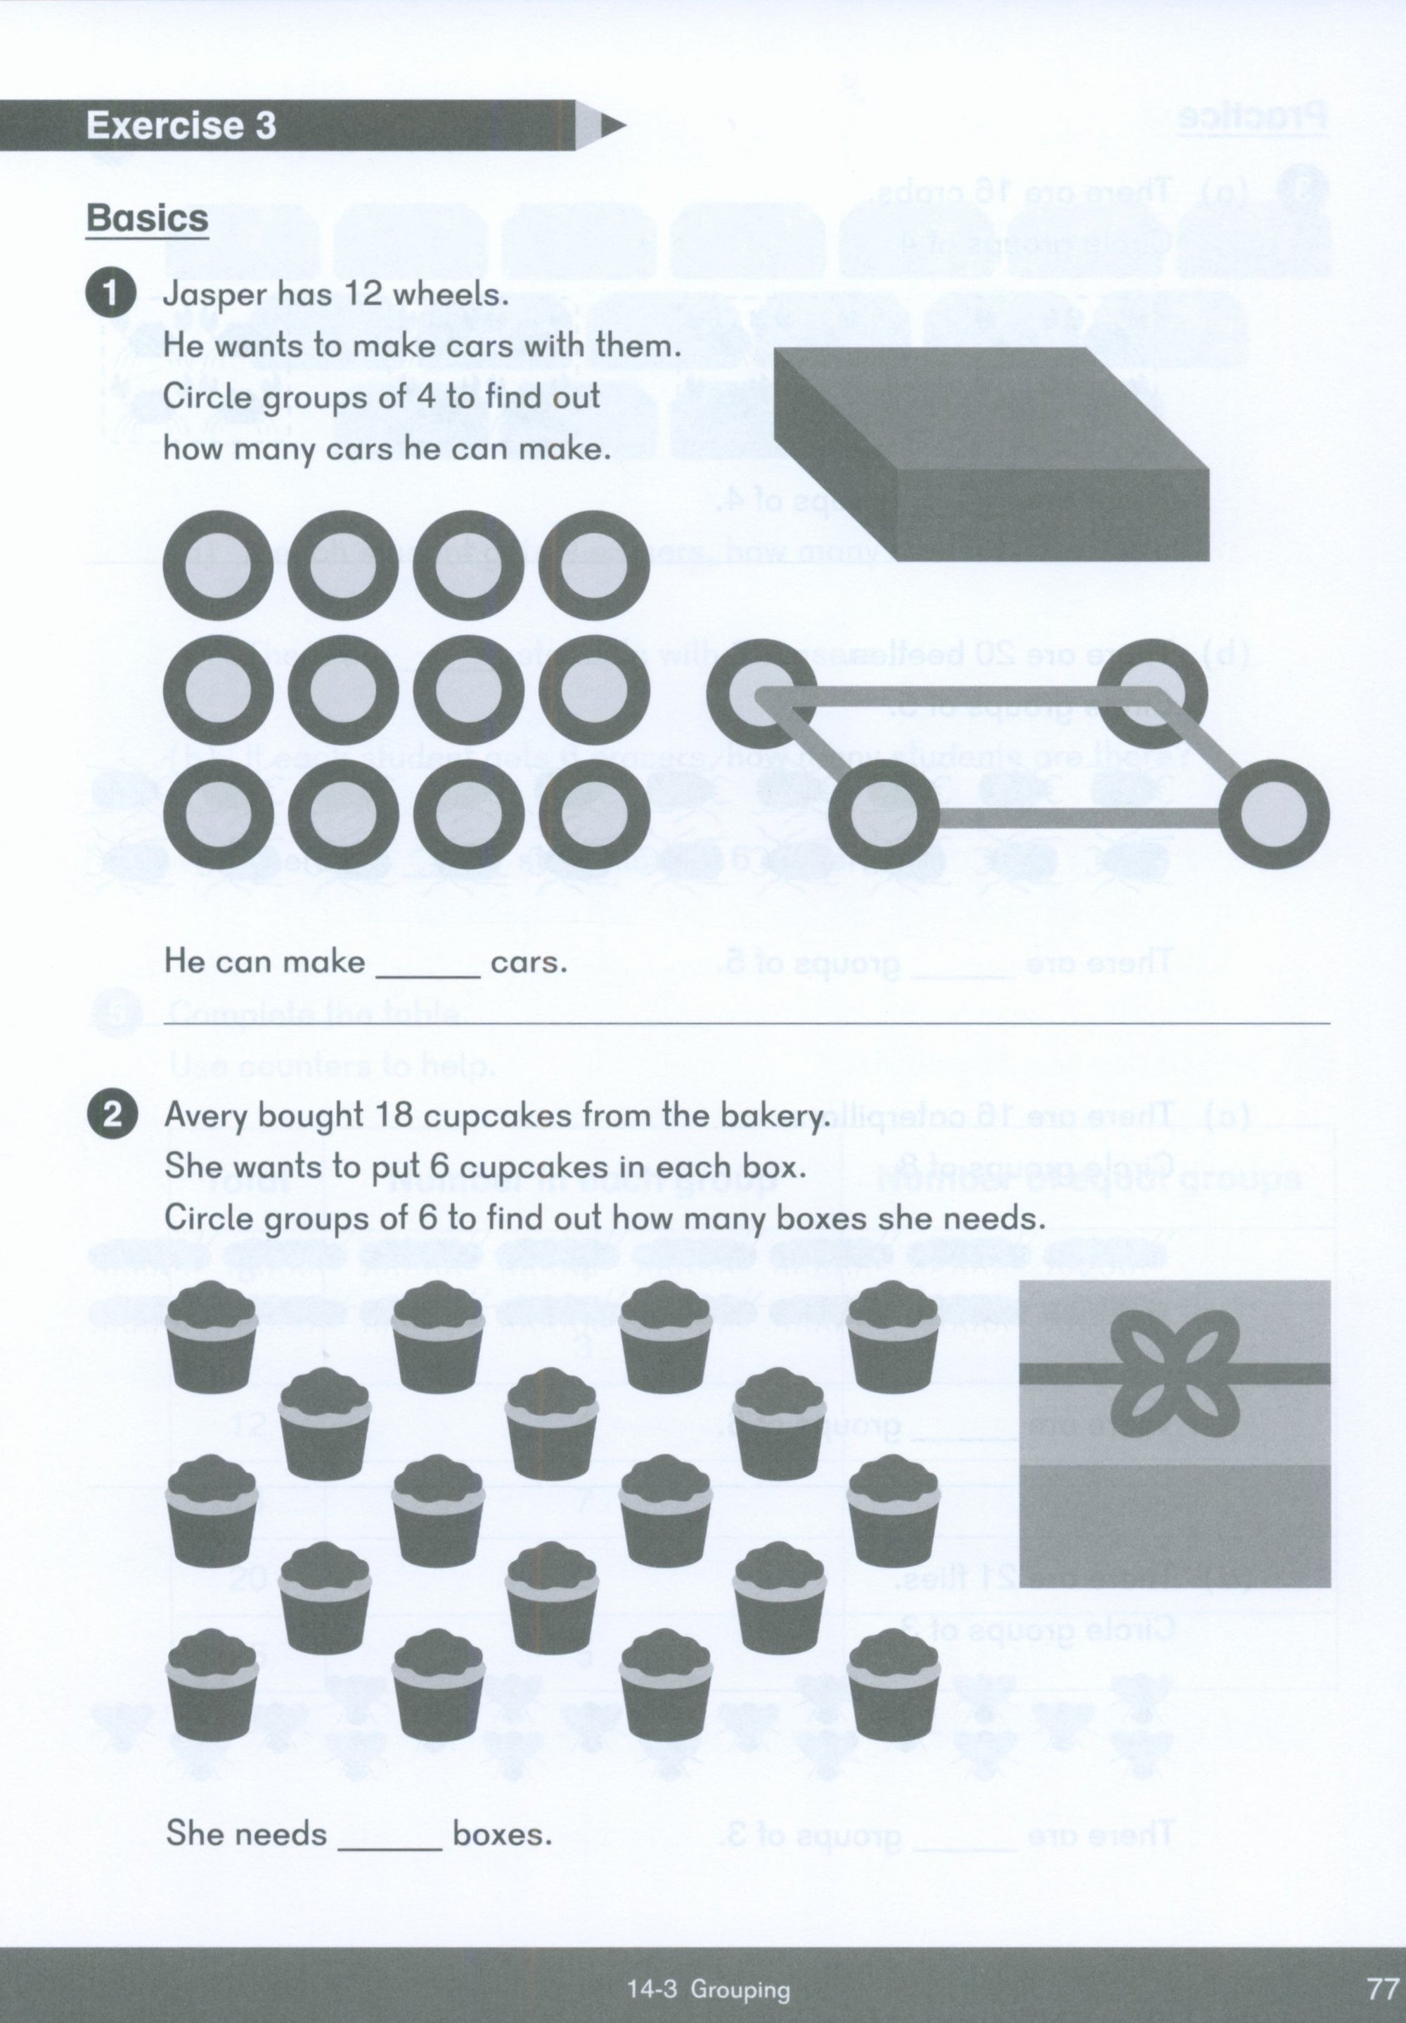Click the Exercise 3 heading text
(181, 125)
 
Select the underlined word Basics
(147, 218)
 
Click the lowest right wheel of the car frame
(1274, 814)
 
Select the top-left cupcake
(212, 1336)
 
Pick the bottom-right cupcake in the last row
(892, 1685)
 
